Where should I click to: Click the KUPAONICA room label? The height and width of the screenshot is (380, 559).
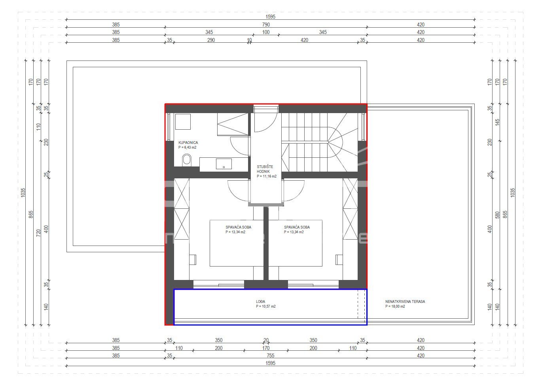(x=188, y=142)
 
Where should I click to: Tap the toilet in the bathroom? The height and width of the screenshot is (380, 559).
(x=187, y=160)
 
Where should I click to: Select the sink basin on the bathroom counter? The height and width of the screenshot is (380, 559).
(x=224, y=164)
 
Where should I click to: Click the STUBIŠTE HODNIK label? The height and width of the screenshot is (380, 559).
(x=265, y=169)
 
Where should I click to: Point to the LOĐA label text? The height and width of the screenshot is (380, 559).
(x=260, y=301)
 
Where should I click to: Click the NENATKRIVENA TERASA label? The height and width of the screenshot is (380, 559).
(x=405, y=301)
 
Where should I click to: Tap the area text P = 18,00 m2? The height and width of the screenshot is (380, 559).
(x=395, y=306)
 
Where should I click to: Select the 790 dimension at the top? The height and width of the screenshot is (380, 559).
(x=266, y=25)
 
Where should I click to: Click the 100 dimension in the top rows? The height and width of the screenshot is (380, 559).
(x=266, y=32)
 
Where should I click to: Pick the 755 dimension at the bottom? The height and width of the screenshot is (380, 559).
(x=270, y=355)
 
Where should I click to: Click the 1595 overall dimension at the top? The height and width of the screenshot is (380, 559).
(x=270, y=17)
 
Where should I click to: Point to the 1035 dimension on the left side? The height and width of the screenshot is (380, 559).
(x=23, y=193)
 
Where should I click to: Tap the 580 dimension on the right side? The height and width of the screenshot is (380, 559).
(x=497, y=215)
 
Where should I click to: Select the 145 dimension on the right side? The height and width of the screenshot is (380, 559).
(x=497, y=122)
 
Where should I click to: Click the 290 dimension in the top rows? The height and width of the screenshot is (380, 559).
(x=211, y=40)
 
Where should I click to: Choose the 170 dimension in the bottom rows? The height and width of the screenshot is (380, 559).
(x=266, y=348)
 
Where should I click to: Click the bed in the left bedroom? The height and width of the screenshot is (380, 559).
(x=237, y=243)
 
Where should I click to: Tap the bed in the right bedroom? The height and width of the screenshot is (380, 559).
(x=295, y=243)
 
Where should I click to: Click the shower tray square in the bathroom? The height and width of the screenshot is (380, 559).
(x=183, y=122)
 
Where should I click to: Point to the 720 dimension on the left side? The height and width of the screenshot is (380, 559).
(x=38, y=233)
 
